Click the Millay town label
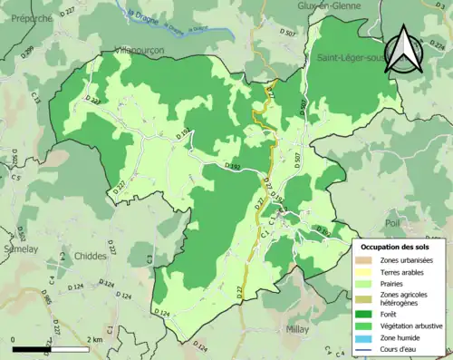coord(299,330)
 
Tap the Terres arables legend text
coord(405,272)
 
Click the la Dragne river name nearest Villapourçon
coord(143,19)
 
